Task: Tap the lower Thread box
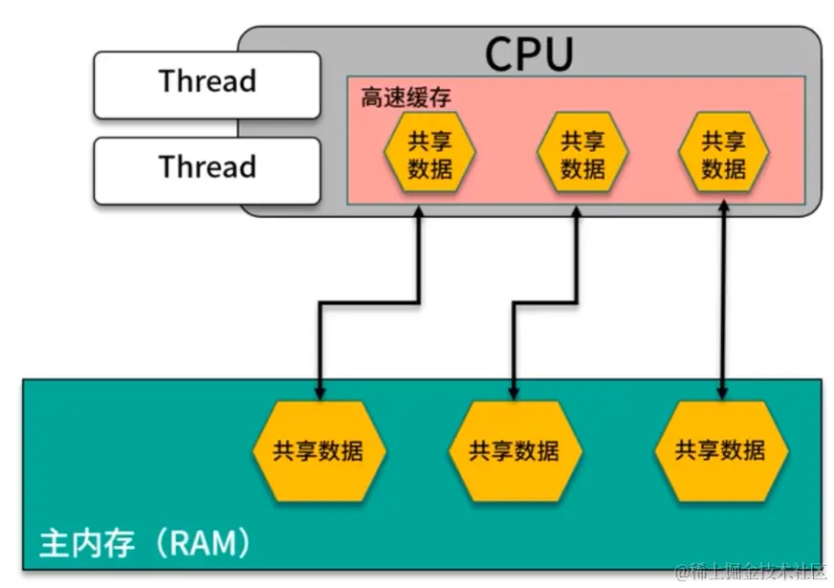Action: point(207,169)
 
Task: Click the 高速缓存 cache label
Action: point(406,98)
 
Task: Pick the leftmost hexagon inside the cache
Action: point(429,155)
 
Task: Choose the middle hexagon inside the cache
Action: point(582,155)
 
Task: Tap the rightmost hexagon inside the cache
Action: point(723,155)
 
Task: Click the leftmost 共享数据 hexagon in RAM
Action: point(318,449)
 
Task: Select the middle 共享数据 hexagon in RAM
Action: point(515,449)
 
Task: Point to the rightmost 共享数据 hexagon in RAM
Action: point(721,449)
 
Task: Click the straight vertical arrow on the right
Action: point(723,296)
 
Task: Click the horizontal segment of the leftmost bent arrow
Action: point(368,304)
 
